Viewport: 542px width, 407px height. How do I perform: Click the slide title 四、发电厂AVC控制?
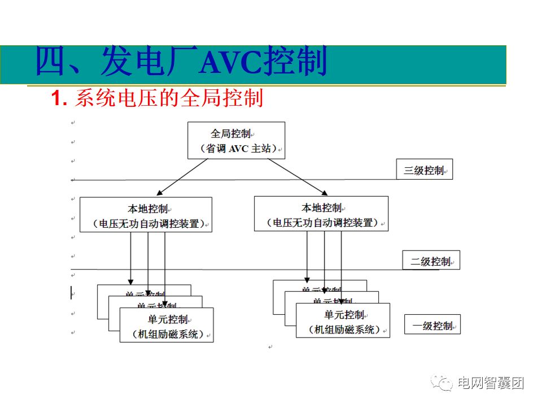181,62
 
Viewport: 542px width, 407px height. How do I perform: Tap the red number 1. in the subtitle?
59,98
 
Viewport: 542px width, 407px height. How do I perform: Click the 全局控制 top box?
237,140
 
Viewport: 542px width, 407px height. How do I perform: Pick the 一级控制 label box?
432,326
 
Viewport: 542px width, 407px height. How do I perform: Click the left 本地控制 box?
146,215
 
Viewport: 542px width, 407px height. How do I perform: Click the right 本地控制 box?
321,214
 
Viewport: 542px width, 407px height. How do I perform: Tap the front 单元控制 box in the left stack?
167,325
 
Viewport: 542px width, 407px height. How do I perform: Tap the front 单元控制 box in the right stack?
343,321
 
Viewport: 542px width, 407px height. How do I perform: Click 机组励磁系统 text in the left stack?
167,334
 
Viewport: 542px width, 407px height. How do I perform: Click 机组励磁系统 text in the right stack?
343,330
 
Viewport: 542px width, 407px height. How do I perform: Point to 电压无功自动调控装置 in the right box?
325,223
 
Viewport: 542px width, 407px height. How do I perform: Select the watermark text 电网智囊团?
490,383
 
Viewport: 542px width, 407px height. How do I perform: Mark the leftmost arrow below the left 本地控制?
131,257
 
